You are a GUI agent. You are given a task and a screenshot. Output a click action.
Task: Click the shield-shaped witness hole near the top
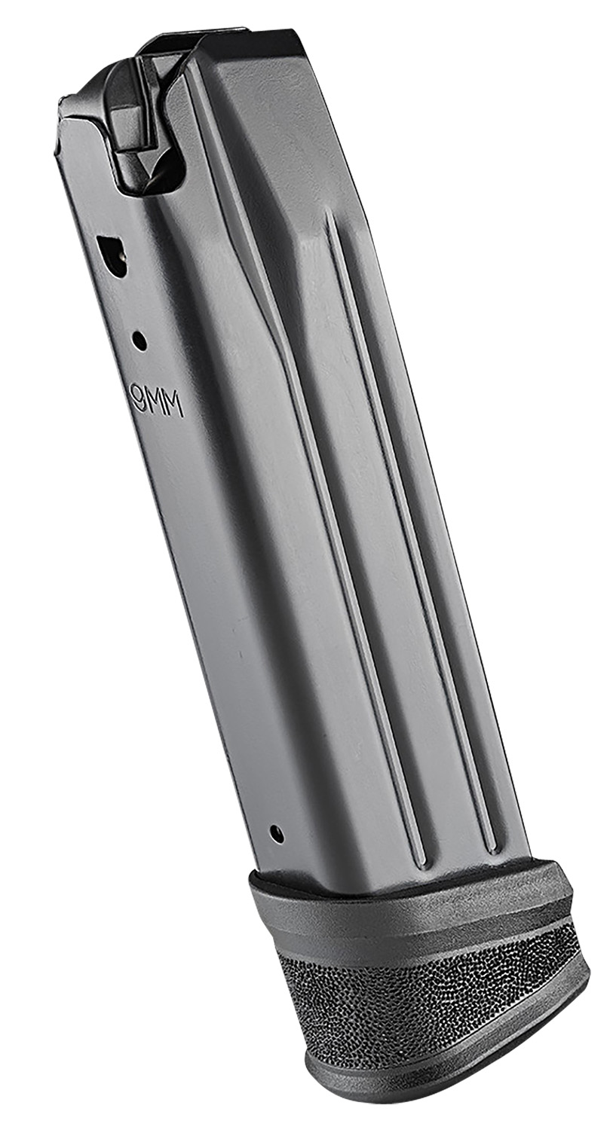click(x=110, y=248)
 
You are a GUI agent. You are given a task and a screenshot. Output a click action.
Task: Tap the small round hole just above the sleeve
click(x=277, y=833)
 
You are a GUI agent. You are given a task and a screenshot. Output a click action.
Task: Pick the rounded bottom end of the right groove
click(x=490, y=844)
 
